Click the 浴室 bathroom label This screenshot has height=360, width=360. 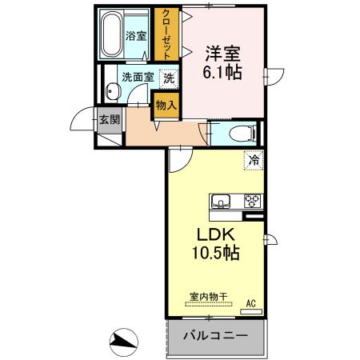coord(135,36)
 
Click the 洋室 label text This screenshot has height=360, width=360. coord(225,54)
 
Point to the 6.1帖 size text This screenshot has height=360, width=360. coord(225,71)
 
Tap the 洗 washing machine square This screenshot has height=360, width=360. coord(168,78)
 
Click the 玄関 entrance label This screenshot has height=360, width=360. coord(109,121)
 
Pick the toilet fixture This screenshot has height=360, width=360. coord(239,133)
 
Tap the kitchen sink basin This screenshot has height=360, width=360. coord(220,200)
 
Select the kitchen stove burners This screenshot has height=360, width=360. coord(253,200)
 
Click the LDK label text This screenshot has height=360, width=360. coord(214,237)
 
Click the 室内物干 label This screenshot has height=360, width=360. coord(207,296)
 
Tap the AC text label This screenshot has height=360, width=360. coord(250,302)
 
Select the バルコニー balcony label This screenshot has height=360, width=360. coord(214,336)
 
